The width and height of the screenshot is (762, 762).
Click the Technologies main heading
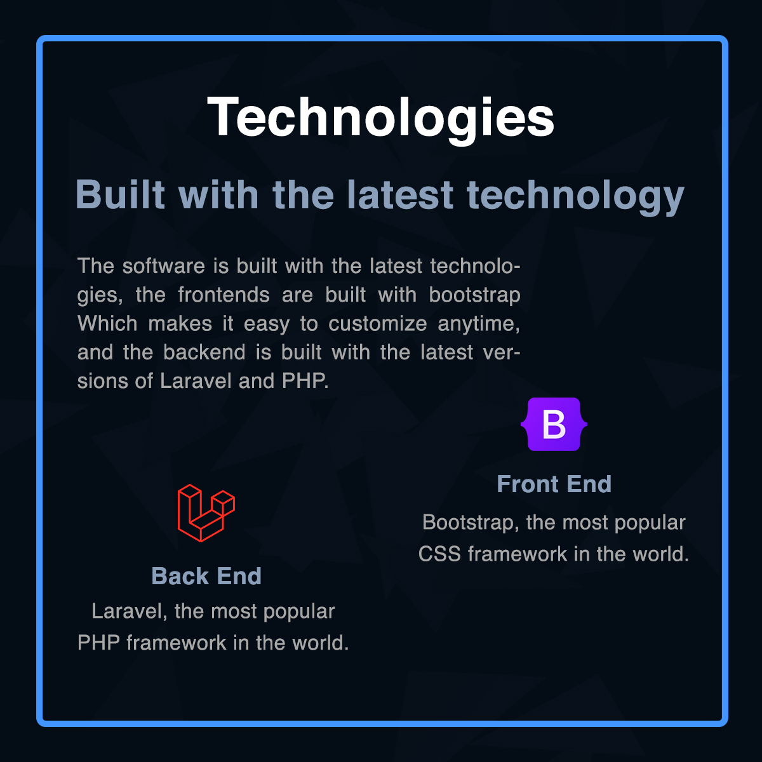click(x=380, y=118)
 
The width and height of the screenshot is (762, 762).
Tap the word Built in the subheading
click(x=120, y=194)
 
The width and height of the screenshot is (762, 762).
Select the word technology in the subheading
click(x=575, y=196)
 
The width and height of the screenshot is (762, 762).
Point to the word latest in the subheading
click(x=400, y=194)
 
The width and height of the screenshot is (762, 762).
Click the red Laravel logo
click(x=206, y=512)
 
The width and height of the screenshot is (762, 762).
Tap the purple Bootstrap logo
click(x=554, y=424)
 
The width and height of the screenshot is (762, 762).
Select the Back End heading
click(x=206, y=576)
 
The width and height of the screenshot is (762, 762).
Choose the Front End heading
click(x=554, y=484)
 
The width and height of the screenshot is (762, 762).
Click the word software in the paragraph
click(x=164, y=265)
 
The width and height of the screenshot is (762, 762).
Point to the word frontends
click(x=224, y=295)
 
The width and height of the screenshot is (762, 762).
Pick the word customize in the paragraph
click(x=378, y=323)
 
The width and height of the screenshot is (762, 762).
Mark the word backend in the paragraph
click(x=204, y=352)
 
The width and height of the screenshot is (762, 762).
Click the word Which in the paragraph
click(x=107, y=323)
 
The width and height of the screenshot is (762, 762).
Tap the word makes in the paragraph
click(x=180, y=323)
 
